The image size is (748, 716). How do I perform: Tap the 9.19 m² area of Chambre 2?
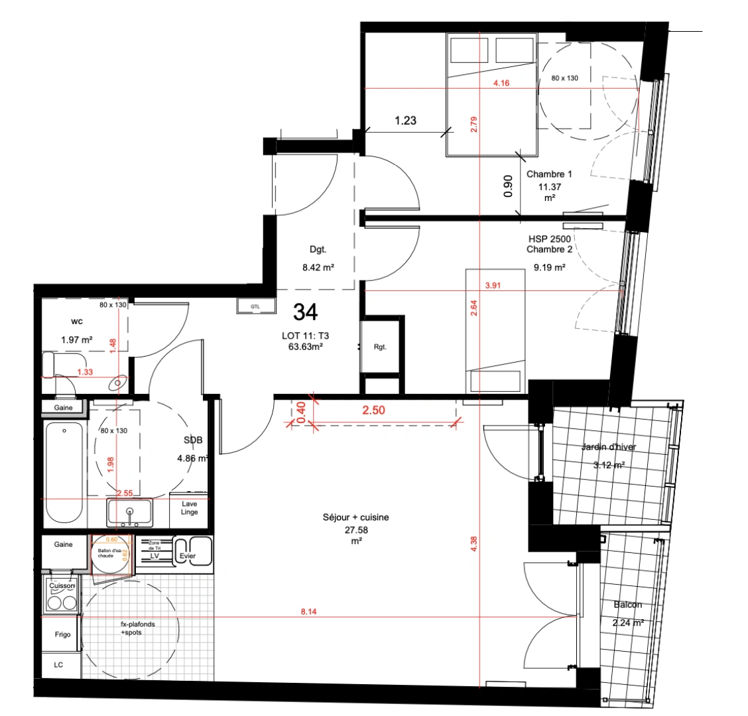click(550, 268)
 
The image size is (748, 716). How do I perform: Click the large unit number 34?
click(305, 311)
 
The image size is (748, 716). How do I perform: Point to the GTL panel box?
click(255, 306)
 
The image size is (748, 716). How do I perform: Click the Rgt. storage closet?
click(381, 346)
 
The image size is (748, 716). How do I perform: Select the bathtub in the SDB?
click(64, 473)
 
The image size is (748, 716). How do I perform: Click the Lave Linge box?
click(190, 508)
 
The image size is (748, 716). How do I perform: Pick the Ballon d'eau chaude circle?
click(109, 554)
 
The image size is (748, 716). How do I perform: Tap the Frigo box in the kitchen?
click(62, 634)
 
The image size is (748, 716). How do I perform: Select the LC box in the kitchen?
click(58, 665)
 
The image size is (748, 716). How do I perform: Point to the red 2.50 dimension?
click(373, 410)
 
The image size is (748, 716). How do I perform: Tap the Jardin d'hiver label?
click(609, 447)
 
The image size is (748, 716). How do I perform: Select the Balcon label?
click(627, 605)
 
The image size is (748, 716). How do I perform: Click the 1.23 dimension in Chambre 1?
click(405, 121)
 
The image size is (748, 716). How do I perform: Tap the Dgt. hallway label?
click(318, 250)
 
